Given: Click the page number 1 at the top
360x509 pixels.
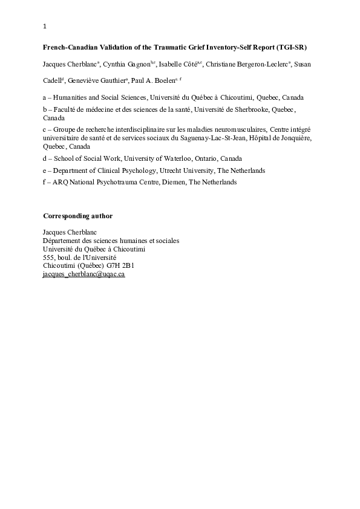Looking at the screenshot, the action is (45, 26).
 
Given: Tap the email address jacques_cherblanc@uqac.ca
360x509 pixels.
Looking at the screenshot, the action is (83, 273).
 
